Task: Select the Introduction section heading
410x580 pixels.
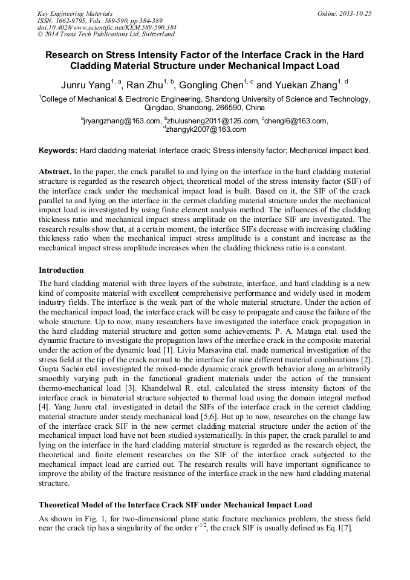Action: [x=61, y=270]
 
